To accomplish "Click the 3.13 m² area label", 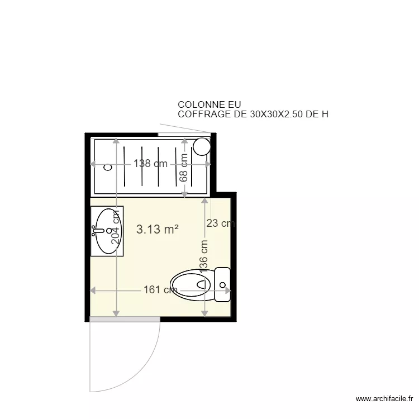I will pyautogui.click(x=158, y=228).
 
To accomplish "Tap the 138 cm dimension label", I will pyautogui.click(x=150, y=164).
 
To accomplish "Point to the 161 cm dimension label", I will pyautogui.click(x=160, y=290).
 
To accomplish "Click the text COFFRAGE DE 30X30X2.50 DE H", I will pyautogui.click(x=253, y=115).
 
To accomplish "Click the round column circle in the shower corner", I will pyautogui.click(x=201, y=147).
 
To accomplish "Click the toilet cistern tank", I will pyautogui.click(x=222, y=284).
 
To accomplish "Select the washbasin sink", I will pyautogui.click(x=108, y=230).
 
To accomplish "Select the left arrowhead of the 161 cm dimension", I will pyautogui.click(x=93, y=291).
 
